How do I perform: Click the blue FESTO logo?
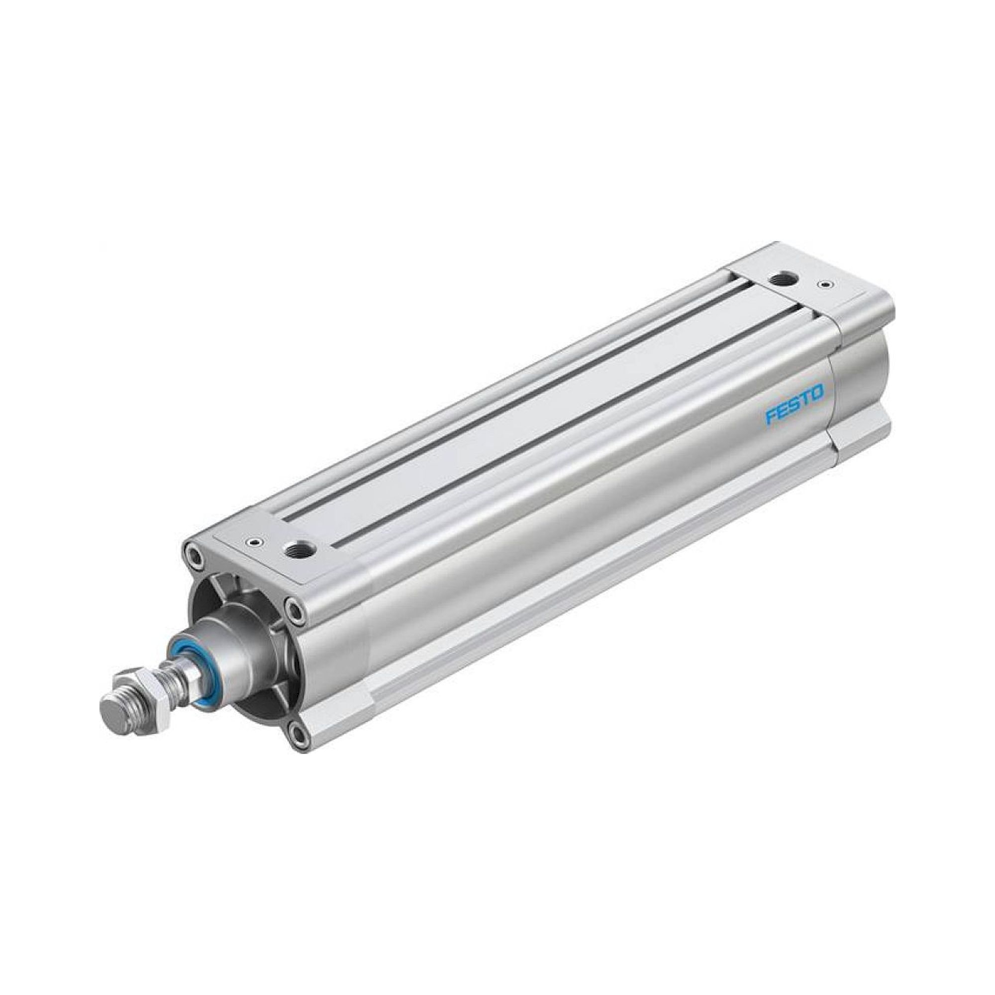click(x=794, y=398)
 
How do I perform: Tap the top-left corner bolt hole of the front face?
click(x=194, y=556)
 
